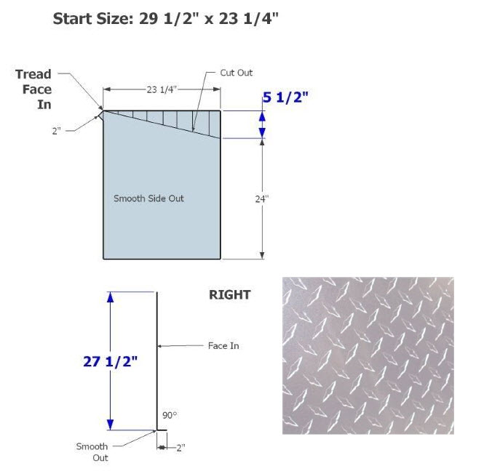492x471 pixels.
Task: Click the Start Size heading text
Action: click(166, 19)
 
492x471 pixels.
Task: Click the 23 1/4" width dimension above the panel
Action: click(162, 89)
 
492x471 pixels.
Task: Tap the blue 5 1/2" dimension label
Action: click(285, 97)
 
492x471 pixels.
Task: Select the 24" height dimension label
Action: click(262, 199)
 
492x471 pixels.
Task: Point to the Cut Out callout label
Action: click(237, 73)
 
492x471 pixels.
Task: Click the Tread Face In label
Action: click(33, 89)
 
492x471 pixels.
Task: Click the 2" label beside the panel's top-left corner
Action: click(57, 131)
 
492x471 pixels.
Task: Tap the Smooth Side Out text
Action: click(148, 198)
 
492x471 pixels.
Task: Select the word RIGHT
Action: click(230, 295)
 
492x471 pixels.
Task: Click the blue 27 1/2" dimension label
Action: click(110, 362)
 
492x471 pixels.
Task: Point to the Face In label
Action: click(223, 346)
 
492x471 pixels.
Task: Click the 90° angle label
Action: click(170, 415)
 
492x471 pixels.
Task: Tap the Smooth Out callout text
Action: click(92, 452)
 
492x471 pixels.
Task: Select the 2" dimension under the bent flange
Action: click(180, 448)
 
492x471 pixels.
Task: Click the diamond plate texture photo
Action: click(368, 355)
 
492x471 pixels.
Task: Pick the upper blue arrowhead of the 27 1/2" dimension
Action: click(110, 297)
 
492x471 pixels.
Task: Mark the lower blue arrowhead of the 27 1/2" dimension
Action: click(110, 425)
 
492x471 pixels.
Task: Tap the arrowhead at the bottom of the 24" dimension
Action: click(262, 255)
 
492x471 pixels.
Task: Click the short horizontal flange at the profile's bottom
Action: click(162, 430)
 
